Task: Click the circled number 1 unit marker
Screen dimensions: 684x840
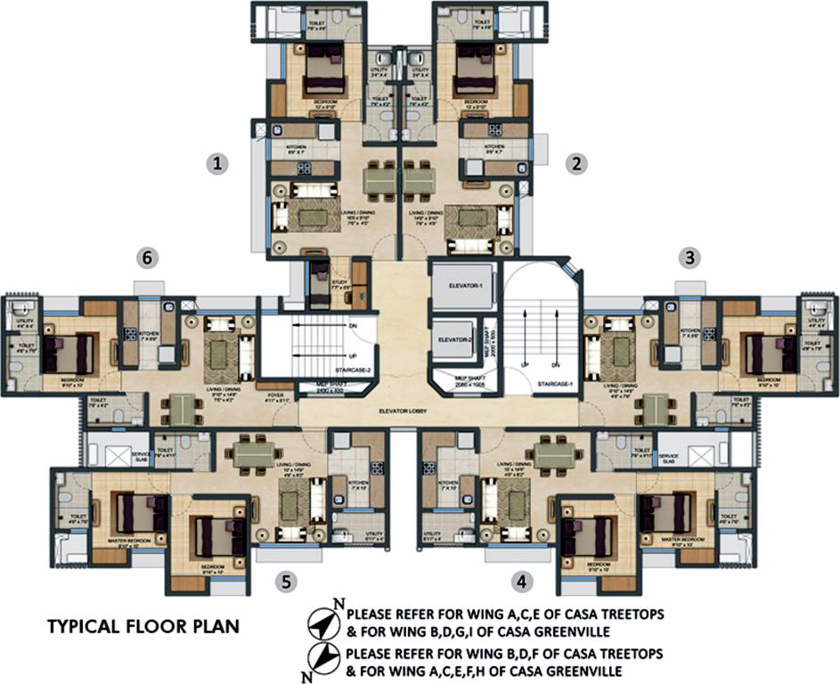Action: [216, 163]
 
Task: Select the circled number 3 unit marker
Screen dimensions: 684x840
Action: [689, 257]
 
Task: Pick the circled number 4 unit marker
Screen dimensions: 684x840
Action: [522, 582]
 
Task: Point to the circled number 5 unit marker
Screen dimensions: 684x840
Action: [285, 582]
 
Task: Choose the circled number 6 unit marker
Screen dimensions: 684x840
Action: [150, 257]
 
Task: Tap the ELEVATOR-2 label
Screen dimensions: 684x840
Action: [454, 339]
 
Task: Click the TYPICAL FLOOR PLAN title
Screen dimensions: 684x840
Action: [143, 626]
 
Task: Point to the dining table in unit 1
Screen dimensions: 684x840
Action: [381, 181]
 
